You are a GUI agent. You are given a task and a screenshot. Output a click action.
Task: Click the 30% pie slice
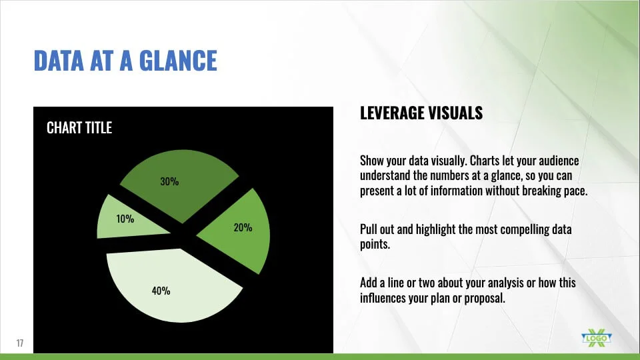pyautogui.click(x=179, y=184)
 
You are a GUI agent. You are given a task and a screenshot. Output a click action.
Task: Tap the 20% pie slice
pyautogui.click(x=241, y=231)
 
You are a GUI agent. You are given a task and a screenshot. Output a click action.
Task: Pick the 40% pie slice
pyautogui.click(x=171, y=286)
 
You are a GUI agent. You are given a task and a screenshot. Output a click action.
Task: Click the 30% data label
pyautogui.click(x=169, y=181)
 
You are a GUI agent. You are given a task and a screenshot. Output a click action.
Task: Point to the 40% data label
pyautogui.click(x=161, y=291)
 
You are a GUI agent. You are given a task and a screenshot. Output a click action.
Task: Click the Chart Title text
pyautogui.click(x=79, y=128)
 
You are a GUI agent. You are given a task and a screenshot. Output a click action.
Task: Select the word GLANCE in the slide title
pyautogui.click(x=178, y=61)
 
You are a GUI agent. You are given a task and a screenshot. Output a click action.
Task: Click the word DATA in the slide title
pyautogui.click(x=59, y=61)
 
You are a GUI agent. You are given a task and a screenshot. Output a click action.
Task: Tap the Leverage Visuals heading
pyautogui.click(x=421, y=113)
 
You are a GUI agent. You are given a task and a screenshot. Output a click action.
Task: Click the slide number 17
pyautogui.click(x=20, y=343)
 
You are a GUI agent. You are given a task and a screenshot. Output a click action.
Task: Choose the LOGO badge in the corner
pyautogui.click(x=596, y=339)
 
